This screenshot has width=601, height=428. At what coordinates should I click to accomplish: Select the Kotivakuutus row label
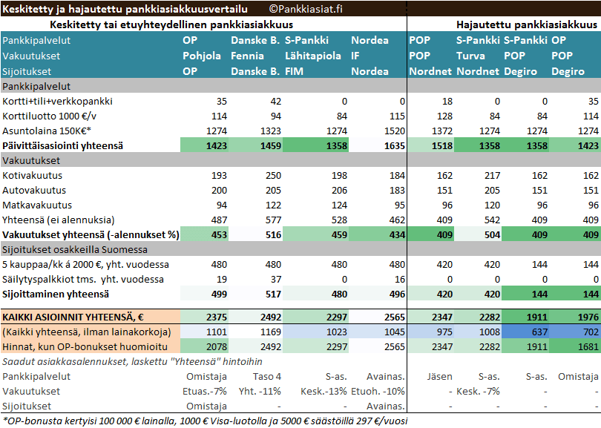pos(32,176)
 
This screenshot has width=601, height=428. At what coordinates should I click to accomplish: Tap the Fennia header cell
pos(248,56)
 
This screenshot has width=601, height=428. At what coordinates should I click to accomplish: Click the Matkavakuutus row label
pos(37,205)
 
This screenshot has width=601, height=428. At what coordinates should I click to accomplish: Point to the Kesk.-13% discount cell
pos(319,391)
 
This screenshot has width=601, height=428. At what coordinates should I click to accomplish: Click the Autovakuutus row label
pos(34,191)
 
